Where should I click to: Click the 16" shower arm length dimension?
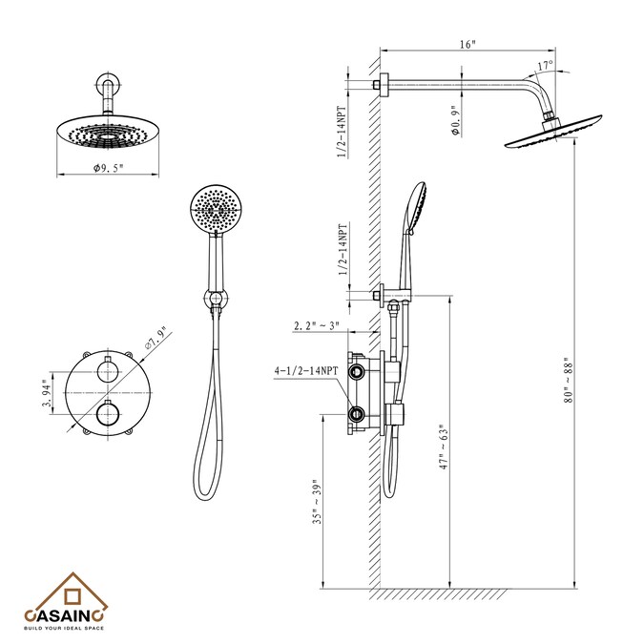click(x=467, y=44)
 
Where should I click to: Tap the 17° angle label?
click(x=546, y=66)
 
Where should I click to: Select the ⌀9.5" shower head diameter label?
click(x=108, y=168)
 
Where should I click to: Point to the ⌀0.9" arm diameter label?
click(x=455, y=120)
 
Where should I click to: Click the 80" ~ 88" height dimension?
click(x=568, y=380)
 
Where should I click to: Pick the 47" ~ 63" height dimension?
click(x=444, y=447)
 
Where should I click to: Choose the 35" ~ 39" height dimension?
click(x=317, y=502)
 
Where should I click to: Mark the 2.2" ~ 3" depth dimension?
click(x=317, y=325)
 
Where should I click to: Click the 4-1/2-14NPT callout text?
click(x=306, y=371)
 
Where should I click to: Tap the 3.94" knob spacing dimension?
click(x=47, y=393)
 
